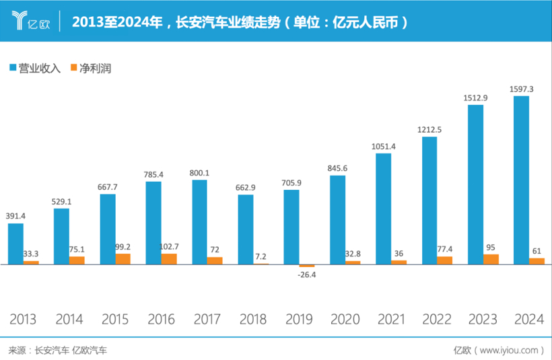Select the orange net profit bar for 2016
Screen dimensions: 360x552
pyautogui.click(x=169, y=259)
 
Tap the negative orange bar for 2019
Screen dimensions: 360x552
pyautogui.click(x=307, y=266)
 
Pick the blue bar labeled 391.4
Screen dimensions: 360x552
pyautogui.click(x=16, y=244)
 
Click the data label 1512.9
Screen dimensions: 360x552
pyautogui.click(x=475, y=98)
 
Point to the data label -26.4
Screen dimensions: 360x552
pyautogui.click(x=307, y=275)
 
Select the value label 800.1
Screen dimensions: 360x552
pyautogui.click(x=199, y=173)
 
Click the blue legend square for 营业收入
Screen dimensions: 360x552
pyautogui.click(x=13, y=68)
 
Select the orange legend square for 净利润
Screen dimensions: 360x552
pyautogui.click(x=73, y=68)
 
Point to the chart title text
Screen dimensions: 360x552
pyautogui.click(x=239, y=22)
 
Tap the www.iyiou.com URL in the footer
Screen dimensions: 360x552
pyautogui.click(x=509, y=350)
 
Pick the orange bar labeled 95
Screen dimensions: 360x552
pyautogui.click(x=491, y=259)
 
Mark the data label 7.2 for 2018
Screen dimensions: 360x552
pyautogui.click(x=261, y=257)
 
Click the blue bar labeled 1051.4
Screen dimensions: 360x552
pyautogui.click(x=383, y=209)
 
